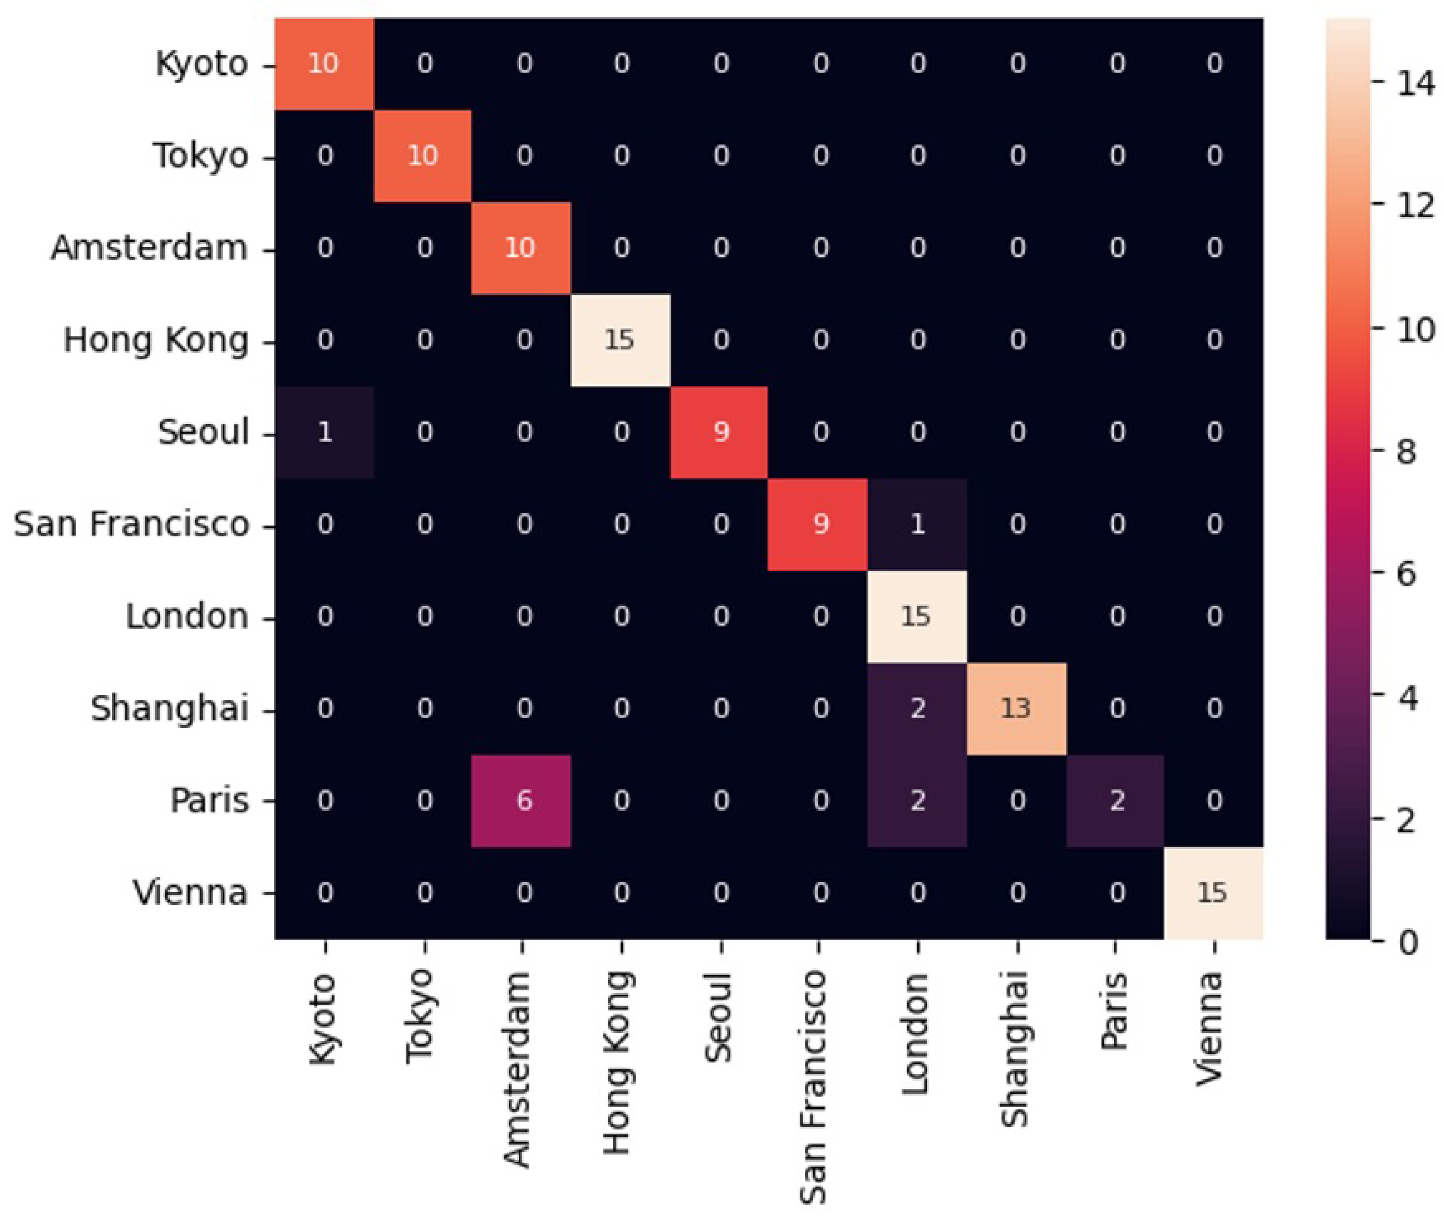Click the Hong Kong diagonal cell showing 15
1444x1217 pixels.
[620, 340]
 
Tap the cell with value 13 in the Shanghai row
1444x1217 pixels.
[1015, 709]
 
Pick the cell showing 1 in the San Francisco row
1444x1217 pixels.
[917, 524]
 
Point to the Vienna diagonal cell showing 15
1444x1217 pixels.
[1212, 893]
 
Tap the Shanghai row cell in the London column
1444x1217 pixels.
[917, 709]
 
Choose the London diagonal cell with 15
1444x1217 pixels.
[917, 616]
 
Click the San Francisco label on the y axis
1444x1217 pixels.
[131, 524]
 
